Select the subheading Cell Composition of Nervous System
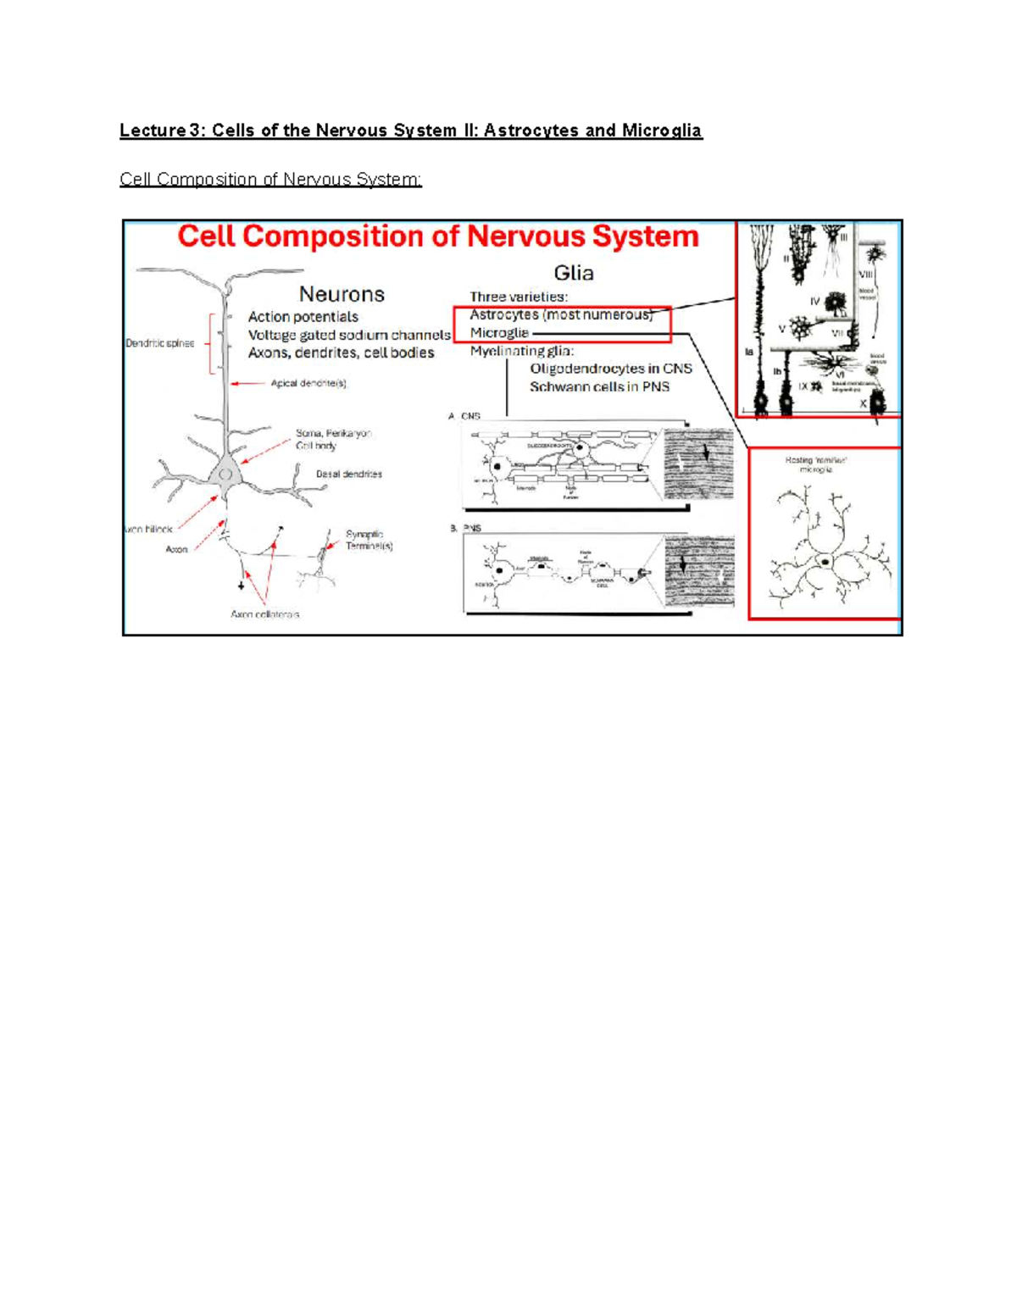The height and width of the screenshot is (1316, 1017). (x=270, y=180)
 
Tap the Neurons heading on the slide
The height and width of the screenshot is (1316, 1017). (x=342, y=294)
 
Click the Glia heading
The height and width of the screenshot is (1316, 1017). (x=574, y=273)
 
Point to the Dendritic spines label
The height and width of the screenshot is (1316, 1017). (x=160, y=343)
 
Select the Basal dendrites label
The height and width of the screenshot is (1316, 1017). (x=349, y=474)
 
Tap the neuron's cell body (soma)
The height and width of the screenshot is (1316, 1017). (x=225, y=474)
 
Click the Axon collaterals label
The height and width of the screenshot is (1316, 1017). (x=265, y=614)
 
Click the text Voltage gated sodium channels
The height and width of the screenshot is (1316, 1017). (x=349, y=335)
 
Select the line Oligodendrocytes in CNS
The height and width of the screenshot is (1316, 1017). (x=611, y=369)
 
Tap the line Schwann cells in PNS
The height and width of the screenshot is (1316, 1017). (x=600, y=386)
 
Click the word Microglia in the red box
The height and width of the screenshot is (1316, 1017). (x=499, y=333)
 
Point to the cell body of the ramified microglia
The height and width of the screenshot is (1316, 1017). (x=824, y=560)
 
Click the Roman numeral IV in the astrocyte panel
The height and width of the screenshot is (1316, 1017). (x=815, y=301)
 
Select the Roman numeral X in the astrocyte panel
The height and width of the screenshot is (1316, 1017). (x=864, y=404)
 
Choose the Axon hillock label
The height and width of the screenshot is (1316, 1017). (x=148, y=529)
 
